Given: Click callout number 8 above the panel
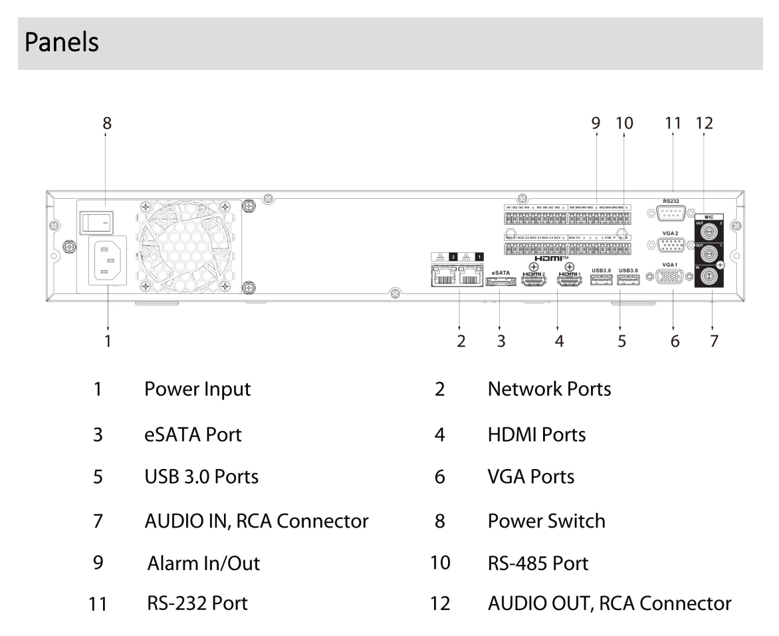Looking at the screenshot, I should [x=106, y=123].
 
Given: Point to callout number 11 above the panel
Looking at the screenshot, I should [x=673, y=123].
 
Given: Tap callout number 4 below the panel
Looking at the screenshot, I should [x=559, y=341].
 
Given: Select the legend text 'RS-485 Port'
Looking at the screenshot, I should [x=538, y=563].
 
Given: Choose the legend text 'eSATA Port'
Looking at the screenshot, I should [x=193, y=435].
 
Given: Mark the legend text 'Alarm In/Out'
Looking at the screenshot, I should [x=203, y=563].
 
